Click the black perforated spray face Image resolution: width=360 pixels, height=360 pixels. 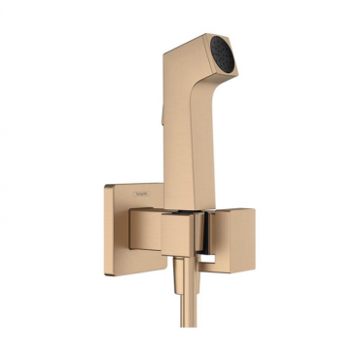[x=226, y=55]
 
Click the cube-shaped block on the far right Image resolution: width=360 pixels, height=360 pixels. [x=233, y=243]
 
